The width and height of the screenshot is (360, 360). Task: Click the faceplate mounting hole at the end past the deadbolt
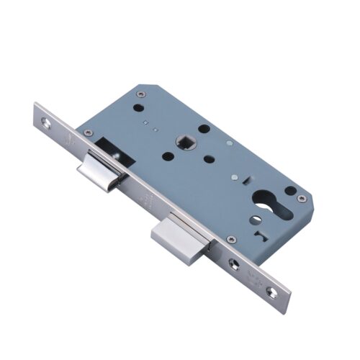coord(271,292)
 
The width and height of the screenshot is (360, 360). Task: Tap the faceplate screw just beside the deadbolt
coord(233,264)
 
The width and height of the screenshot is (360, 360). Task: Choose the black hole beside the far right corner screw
coord(289,191)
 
